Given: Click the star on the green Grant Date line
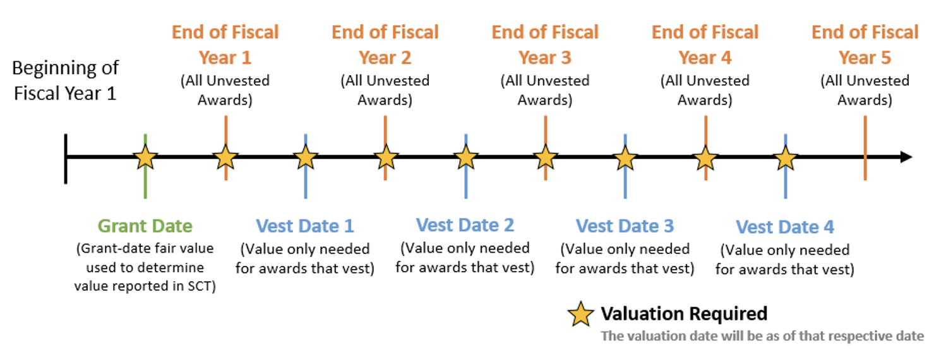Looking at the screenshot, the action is coord(145,157).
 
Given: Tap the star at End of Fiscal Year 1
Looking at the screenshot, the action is coord(225,157).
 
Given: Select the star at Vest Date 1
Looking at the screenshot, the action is coord(306,157).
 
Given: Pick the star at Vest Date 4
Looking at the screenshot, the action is coord(785,159).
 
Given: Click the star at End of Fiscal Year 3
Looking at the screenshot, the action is coord(545,157).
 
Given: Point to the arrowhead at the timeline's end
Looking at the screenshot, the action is coord(906,157).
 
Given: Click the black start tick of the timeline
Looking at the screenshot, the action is coord(66,159).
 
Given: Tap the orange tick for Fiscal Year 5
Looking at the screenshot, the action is coord(865,148).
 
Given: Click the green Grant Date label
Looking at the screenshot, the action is coord(145,226).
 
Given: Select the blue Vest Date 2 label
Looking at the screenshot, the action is coord(465,225).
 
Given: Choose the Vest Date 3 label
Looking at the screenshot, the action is coord(625,226).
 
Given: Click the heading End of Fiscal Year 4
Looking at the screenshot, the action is coord(705,45).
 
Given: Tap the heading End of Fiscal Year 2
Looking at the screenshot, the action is coord(385,45).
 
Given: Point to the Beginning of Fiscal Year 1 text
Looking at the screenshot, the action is coord(65,81).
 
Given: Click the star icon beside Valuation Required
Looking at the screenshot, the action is coord(580,315).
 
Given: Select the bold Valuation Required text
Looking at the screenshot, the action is coord(684,313).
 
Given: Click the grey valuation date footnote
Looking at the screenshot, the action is coord(762,336).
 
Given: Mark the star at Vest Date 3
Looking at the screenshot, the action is coord(625,157).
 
